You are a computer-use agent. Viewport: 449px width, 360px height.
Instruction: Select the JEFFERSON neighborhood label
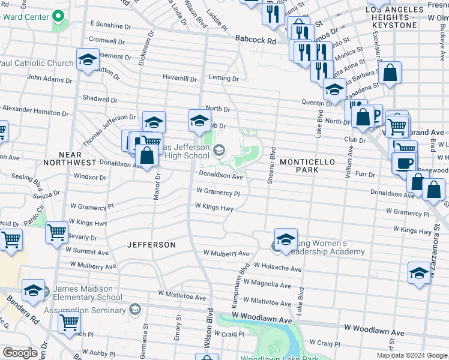pyautogui.click(x=151, y=245)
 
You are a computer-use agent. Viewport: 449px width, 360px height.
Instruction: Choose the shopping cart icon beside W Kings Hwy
pyautogui.click(x=57, y=231)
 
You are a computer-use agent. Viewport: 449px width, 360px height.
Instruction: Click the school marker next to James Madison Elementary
pyautogui.click(x=34, y=290)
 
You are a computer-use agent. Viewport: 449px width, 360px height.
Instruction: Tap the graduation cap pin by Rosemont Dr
pyautogui.click(x=88, y=61)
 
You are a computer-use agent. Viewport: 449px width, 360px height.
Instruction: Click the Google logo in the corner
pyautogui.click(x=20, y=353)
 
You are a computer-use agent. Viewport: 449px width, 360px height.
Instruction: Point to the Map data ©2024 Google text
pyautogui.click(x=411, y=355)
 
